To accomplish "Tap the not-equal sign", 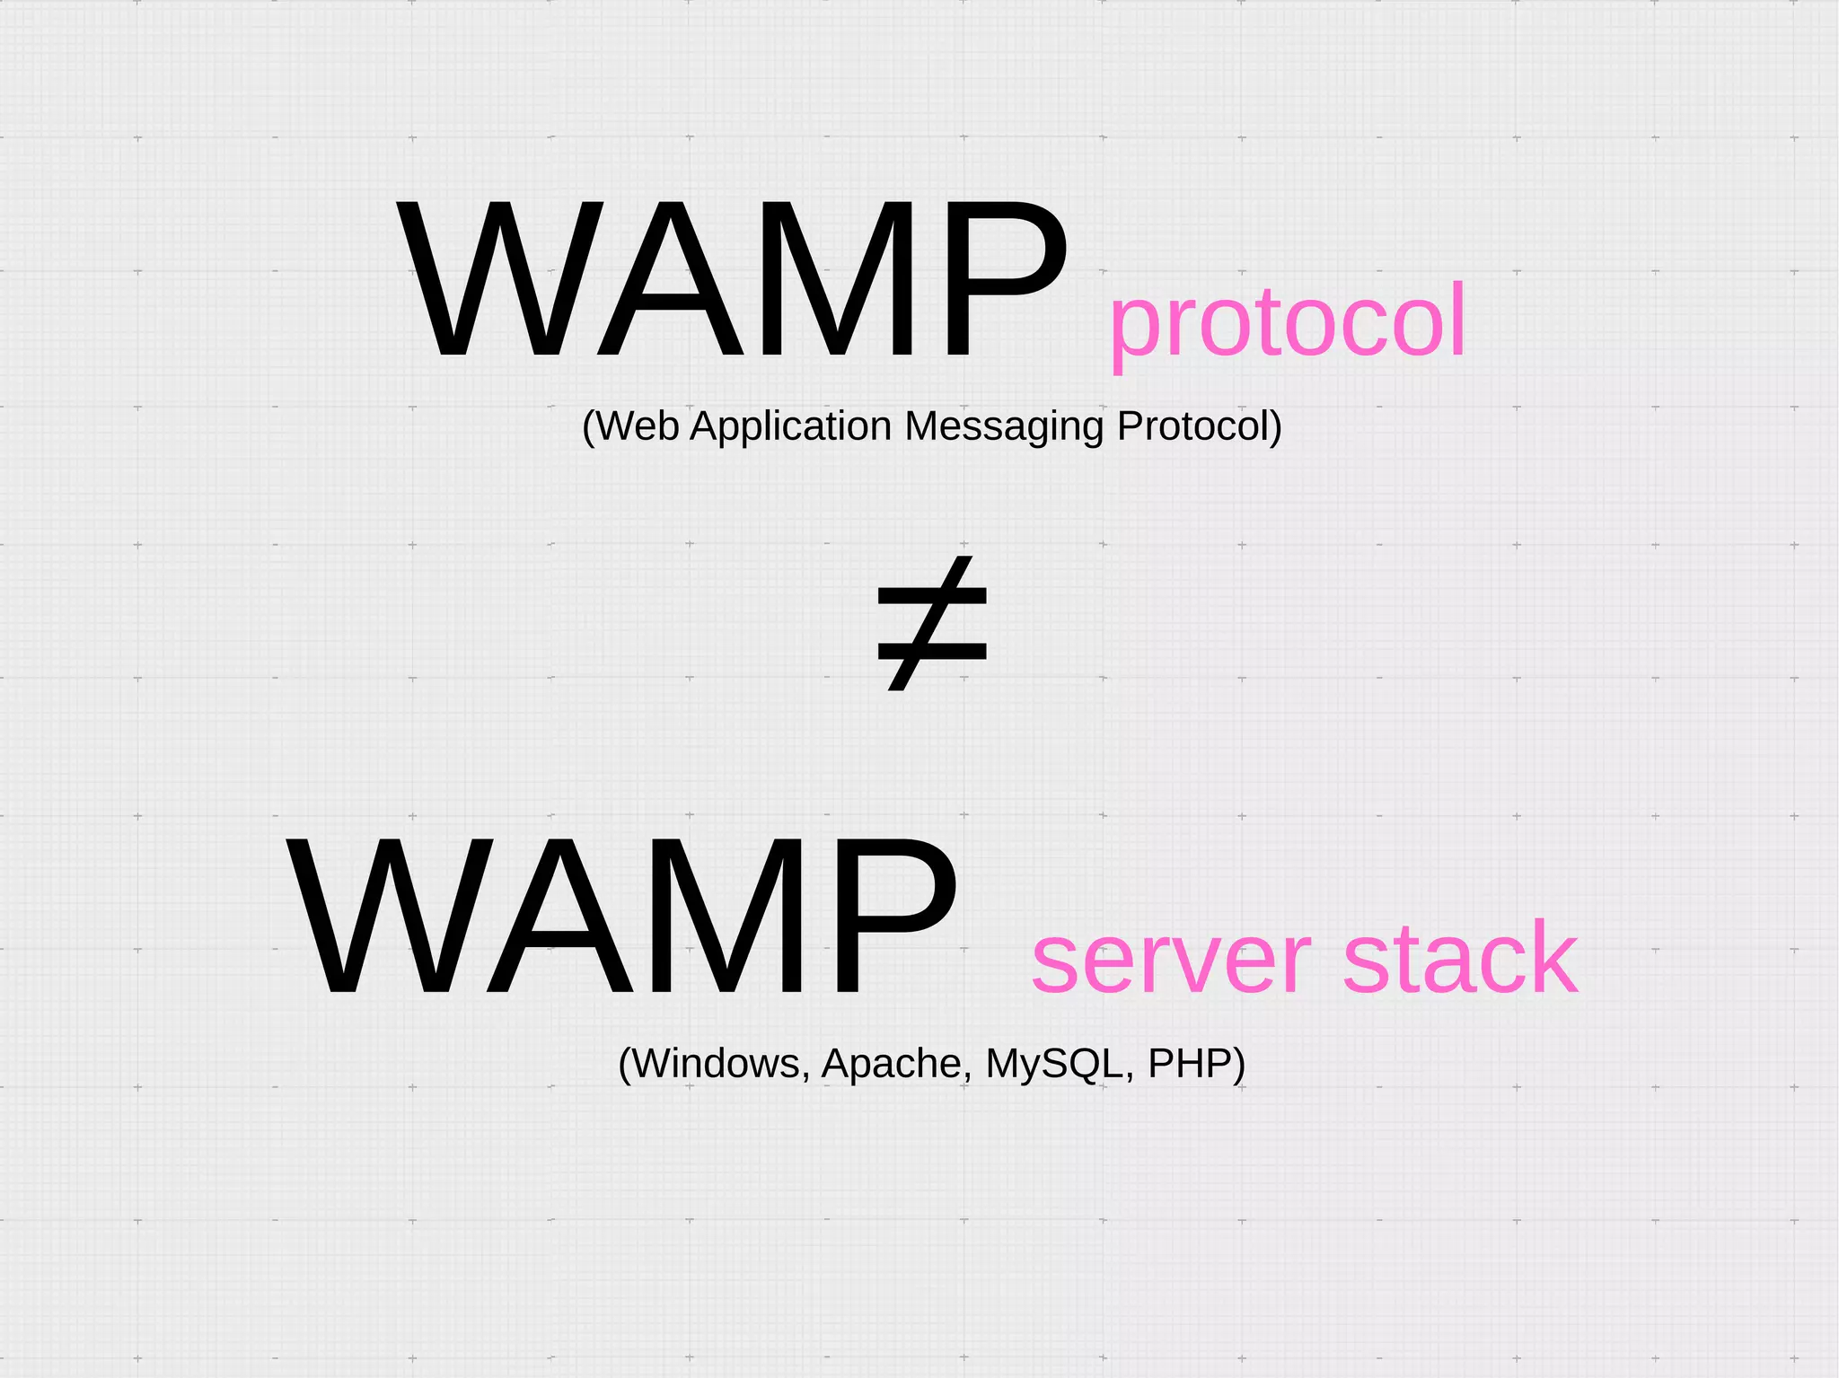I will point(932,623).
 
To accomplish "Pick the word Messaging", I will point(1004,427).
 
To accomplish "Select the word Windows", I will point(715,1064).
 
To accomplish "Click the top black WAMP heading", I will point(732,280).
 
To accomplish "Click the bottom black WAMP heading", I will point(621,917).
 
